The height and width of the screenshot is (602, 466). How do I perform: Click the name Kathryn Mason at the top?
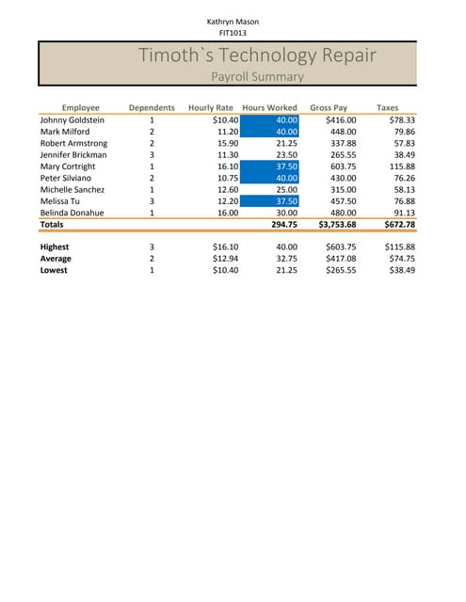pos(233,21)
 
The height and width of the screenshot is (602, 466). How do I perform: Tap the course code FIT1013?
pos(233,33)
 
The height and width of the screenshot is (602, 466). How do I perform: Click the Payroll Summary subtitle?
pos(257,76)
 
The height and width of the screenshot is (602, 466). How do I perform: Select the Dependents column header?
pos(152,108)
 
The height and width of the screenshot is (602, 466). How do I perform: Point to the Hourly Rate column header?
pos(211,108)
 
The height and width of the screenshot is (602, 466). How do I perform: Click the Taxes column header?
pos(387,108)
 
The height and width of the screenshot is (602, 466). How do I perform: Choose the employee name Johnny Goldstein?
pos(72,120)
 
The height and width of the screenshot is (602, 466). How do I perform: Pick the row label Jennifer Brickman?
pos(73,154)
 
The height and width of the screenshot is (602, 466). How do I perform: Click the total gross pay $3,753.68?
pos(338,225)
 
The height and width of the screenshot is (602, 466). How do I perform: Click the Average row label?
pos(56,258)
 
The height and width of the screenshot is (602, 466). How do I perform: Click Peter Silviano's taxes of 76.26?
pos(403,178)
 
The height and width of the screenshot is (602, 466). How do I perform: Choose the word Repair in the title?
pos(342,55)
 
